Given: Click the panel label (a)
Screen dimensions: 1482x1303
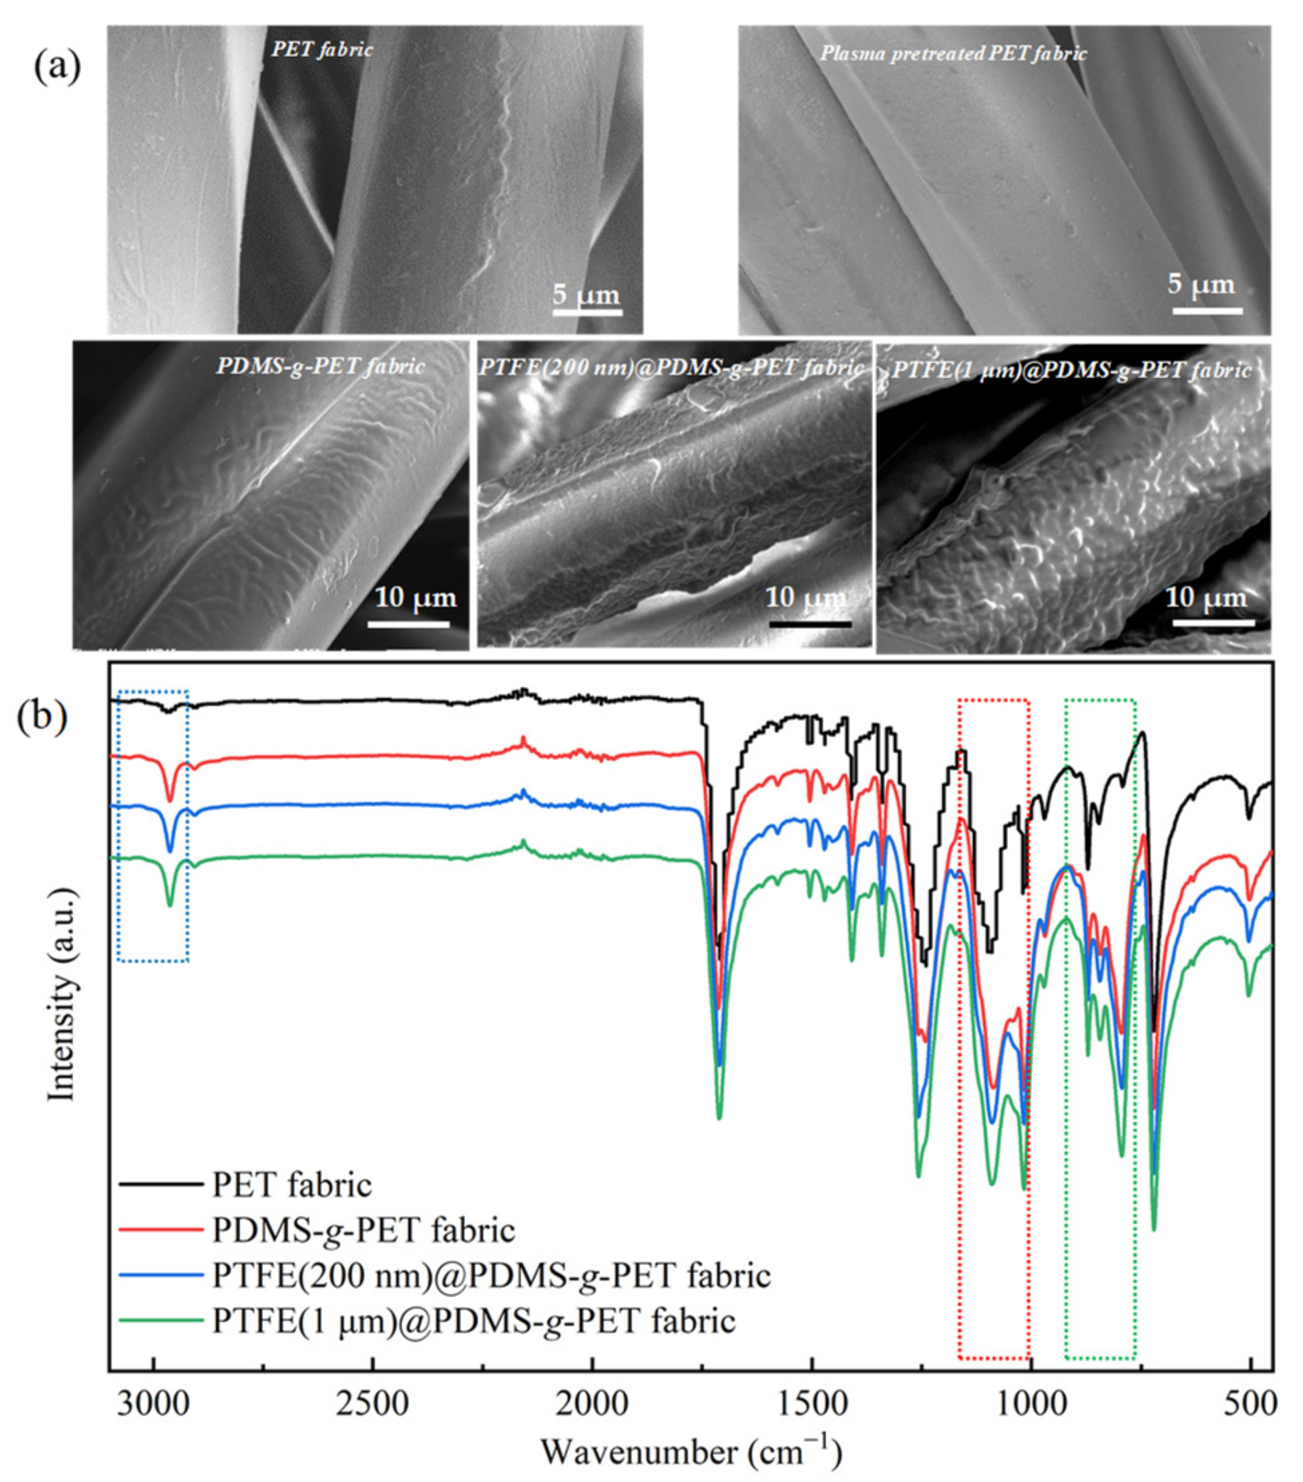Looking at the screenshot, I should pyautogui.click(x=58, y=68).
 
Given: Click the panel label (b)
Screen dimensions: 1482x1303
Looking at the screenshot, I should pyautogui.click(x=43, y=716).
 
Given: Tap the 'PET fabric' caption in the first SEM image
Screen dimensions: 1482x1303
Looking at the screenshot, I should pyautogui.click(x=323, y=49).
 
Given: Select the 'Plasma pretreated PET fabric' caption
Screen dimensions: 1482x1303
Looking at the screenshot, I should pyautogui.click(x=953, y=53).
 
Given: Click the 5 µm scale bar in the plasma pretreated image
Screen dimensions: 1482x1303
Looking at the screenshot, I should pyautogui.click(x=1206, y=310).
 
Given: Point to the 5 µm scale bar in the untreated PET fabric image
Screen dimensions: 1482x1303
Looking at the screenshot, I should pyautogui.click(x=587, y=312).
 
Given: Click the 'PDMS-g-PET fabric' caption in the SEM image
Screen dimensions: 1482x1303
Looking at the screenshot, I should pyautogui.click(x=321, y=366).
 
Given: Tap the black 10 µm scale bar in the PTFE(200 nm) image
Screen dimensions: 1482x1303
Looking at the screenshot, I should pyautogui.click(x=810, y=623).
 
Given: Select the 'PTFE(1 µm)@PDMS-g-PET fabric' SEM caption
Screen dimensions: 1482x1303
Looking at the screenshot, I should pyautogui.click(x=1072, y=370).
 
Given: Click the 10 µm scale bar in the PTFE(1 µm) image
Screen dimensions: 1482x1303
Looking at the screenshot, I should pyautogui.click(x=1213, y=622).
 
